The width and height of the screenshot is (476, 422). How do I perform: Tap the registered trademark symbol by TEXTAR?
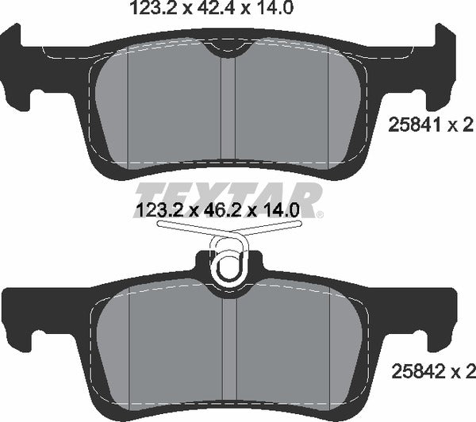(x=320, y=213)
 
